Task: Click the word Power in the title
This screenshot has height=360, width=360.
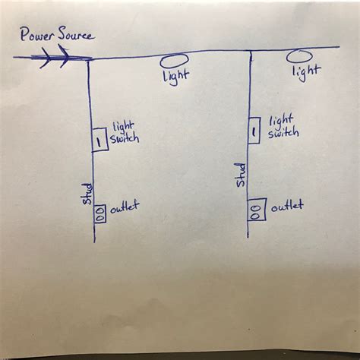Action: [36, 35]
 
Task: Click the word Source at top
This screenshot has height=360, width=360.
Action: [74, 35]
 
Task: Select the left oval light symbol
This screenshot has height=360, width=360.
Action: [175, 58]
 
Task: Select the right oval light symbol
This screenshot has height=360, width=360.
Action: [298, 56]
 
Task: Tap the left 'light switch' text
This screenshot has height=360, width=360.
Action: [125, 131]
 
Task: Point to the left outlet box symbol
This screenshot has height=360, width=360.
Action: [99, 213]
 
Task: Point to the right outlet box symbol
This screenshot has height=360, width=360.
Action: [257, 210]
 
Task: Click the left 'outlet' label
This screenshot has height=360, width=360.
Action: [125, 207]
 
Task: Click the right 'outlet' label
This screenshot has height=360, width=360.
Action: [287, 206]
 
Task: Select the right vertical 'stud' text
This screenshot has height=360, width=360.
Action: [241, 174]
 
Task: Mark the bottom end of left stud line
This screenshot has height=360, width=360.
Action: [93, 241]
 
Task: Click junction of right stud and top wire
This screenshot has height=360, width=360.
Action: [251, 52]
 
